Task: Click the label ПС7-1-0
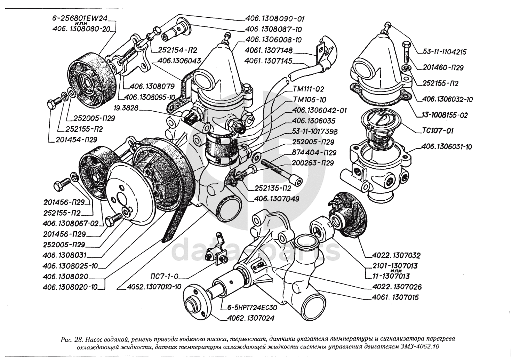[x=165, y=277]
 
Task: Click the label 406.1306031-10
[x=447, y=147]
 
